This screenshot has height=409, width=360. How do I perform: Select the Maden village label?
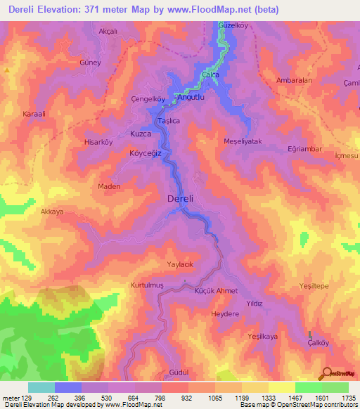[x=108, y=186]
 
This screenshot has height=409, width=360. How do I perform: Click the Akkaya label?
[x=52, y=212]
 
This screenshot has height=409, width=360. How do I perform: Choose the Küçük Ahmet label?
[x=217, y=291]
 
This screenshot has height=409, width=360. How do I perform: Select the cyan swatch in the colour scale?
[x=41, y=387]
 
